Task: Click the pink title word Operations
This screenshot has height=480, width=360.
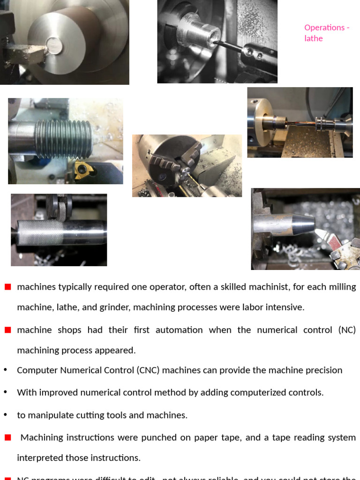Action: [x=324, y=27]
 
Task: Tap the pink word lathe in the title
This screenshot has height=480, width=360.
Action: [x=314, y=38]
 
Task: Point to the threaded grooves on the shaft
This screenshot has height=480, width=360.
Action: [x=64, y=139]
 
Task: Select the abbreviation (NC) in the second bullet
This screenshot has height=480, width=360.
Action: [x=346, y=330]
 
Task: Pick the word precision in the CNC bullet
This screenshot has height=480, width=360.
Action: [x=323, y=370]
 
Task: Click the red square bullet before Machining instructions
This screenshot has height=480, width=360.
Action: [x=7, y=437]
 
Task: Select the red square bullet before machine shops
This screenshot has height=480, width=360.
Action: [x=7, y=330]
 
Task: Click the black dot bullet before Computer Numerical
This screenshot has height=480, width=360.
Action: [x=5, y=370]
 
